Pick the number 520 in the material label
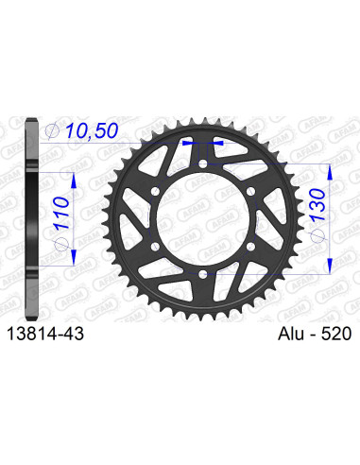click(334, 333)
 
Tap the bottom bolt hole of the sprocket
click(204, 273)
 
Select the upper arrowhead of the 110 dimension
click(66, 176)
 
